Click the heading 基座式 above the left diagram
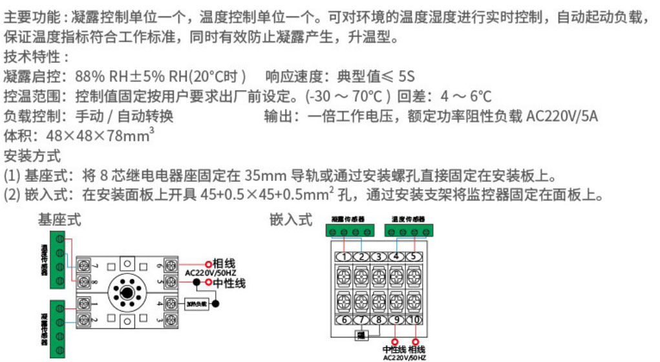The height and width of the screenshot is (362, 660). click(x=59, y=220)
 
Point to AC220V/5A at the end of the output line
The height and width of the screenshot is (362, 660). click(x=562, y=117)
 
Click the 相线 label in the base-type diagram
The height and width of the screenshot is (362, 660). click(x=223, y=263)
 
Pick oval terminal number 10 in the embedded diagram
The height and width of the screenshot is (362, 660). click(x=414, y=320)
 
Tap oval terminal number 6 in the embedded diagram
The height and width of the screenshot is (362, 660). click(x=345, y=320)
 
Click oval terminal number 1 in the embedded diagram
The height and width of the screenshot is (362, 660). click(x=345, y=257)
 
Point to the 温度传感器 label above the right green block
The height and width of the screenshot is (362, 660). click(x=408, y=219)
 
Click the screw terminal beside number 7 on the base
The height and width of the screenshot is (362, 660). click(x=83, y=265)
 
